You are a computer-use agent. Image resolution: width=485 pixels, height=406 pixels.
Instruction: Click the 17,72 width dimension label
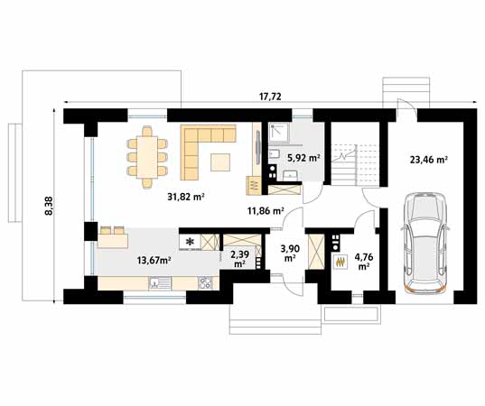270,97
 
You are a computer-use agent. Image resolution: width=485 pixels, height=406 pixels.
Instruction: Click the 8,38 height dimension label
50,206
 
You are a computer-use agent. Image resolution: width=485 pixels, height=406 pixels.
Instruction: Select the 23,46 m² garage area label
429,160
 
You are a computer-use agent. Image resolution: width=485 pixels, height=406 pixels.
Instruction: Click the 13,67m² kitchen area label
154,260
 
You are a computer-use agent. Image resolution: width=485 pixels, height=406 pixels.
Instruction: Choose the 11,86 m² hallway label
266,211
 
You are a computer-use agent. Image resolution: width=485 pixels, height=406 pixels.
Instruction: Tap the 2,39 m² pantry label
239,259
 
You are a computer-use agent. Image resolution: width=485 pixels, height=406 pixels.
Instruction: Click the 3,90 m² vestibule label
289,253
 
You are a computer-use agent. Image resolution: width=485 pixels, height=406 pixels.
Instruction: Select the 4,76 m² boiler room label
364,262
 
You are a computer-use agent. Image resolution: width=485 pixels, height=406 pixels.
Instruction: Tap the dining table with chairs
147,157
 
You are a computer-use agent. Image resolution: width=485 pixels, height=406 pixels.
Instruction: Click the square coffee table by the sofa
220,162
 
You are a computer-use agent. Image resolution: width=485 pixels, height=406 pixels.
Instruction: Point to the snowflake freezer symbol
190,242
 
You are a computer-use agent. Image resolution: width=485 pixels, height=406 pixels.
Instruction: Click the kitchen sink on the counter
160,282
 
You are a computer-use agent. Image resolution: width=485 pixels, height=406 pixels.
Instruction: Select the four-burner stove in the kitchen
205,282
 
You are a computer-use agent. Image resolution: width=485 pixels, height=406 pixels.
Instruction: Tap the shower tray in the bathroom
279,133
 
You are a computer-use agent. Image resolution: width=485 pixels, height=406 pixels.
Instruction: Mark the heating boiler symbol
340,262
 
